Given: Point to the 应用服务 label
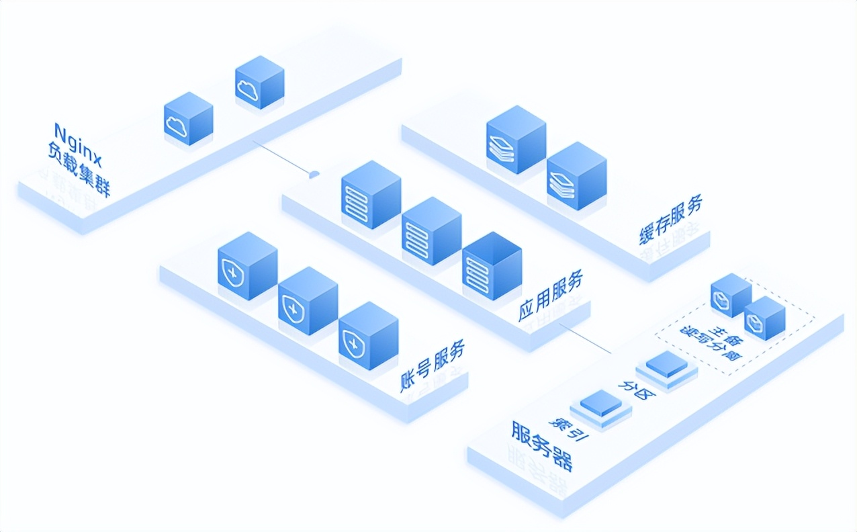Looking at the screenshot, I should coord(550,295).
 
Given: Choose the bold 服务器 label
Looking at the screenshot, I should coord(542,447).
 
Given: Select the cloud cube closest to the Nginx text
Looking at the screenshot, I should coord(189,119).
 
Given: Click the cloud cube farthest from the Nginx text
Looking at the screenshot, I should coord(260,82).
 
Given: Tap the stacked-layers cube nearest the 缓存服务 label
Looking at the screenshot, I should coord(576,175).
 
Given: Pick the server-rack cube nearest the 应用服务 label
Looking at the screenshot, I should coord(492,265).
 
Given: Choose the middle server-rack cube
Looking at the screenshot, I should coord(431,230).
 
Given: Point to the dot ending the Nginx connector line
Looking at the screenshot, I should coord(314,175).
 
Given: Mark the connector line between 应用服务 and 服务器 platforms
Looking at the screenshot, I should coord(586,339).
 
